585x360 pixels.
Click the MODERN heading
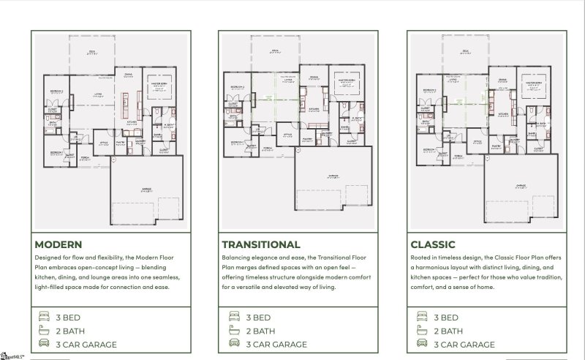click(x=58, y=244)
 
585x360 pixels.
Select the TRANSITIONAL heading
click(x=260, y=244)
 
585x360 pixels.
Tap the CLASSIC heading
click(x=434, y=244)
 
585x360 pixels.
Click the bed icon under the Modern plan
click(x=44, y=318)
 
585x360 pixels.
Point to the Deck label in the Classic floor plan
click(x=465, y=51)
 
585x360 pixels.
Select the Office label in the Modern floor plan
click(x=105, y=142)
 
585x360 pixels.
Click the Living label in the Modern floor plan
click(x=97, y=94)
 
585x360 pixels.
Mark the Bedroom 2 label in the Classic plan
click(x=426, y=90)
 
